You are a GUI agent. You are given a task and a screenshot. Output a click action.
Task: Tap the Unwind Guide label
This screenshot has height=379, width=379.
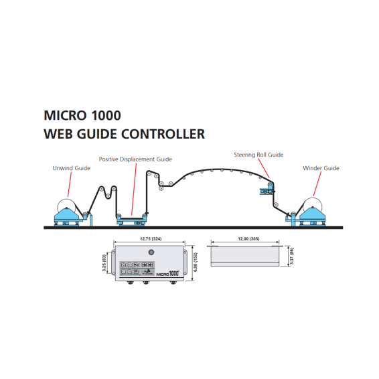pyautogui.click(x=71, y=168)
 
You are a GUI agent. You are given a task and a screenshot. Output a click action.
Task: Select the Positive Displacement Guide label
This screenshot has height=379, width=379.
pyautogui.click(x=135, y=159)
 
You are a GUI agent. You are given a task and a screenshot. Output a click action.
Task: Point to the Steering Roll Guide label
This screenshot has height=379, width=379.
pyautogui.click(x=258, y=155)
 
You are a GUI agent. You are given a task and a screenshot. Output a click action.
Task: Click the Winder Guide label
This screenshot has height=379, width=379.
pyautogui.click(x=321, y=168)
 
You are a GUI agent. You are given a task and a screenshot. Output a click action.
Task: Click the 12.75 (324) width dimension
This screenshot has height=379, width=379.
pyautogui.click(x=151, y=239)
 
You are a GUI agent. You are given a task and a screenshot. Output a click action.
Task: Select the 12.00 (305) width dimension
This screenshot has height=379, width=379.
pyautogui.click(x=248, y=239)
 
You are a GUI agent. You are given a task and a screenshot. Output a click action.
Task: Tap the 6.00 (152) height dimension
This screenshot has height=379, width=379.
pyautogui.click(x=196, y=262)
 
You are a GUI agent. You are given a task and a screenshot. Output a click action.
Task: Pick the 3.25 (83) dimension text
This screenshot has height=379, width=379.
pyautogui.click(x=104, y=262)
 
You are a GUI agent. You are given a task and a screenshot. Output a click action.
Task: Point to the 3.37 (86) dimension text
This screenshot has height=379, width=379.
pyautogui.click(x=292, y=256)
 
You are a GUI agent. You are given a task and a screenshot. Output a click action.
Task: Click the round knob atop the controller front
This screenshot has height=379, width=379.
pyautogui.click(x=151, y=252)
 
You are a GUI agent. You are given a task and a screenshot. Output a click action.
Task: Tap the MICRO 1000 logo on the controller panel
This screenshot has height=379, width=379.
pyautogui.click(x=168, y=274)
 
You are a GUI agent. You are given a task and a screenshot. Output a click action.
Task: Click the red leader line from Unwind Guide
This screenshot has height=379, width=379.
pyautogui.click(x=70, y=184)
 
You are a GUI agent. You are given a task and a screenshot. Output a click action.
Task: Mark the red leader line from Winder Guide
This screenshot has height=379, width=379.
pyautogui.click(x=317, y=183)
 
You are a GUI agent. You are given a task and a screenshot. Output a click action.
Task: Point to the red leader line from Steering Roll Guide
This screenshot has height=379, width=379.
pyautogui.click(x=264, y=168)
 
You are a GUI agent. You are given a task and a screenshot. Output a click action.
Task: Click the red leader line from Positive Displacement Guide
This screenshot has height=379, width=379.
pyautogui.click(x=134, y=189)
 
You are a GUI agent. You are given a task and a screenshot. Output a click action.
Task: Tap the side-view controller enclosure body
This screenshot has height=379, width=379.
pyautogui.click(x=245, y=256)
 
